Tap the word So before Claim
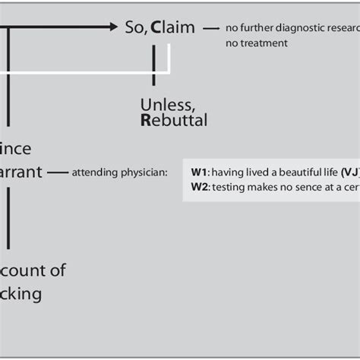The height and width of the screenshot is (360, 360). tap(134, 27)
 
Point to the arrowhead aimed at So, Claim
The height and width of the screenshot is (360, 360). tap(114, 27)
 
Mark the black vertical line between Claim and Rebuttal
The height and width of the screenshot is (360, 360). tap(154, 65)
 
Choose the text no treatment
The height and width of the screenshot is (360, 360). tap(257, 43)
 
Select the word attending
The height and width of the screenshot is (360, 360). tap(94, 172)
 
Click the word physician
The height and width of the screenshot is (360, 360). tap(144, 172)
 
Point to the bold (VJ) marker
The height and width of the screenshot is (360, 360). tap(350, 172)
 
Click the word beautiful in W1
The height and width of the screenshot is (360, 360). tap(297, 172)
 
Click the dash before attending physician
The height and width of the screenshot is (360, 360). tap(56, 172)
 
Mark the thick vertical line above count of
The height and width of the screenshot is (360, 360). tap(8, 220)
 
